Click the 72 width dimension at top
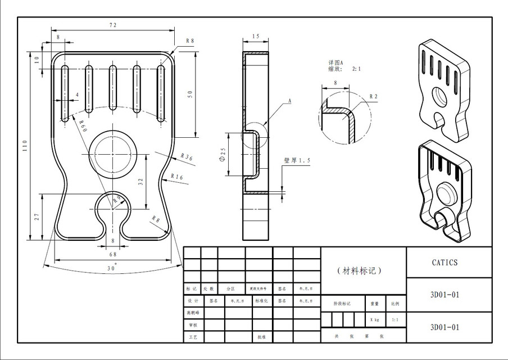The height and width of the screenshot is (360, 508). (112, 25)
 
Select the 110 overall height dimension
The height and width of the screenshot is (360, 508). (25, 147)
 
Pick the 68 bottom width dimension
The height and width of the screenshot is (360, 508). (113, 255)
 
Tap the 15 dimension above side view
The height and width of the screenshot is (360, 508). (256, 37)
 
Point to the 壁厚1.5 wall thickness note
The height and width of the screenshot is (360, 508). (297, 161)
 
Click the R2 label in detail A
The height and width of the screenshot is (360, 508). (373, 96)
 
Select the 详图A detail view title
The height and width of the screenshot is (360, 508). (336, 62)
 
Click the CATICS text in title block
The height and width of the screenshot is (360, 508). (445, 263)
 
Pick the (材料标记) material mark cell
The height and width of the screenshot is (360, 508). (362, 271)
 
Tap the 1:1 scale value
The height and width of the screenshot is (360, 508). (395, 319)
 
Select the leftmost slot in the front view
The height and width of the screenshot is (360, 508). (65, 93)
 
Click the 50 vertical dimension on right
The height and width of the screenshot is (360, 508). (190, 94)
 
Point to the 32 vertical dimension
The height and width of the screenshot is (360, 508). (141, 181)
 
